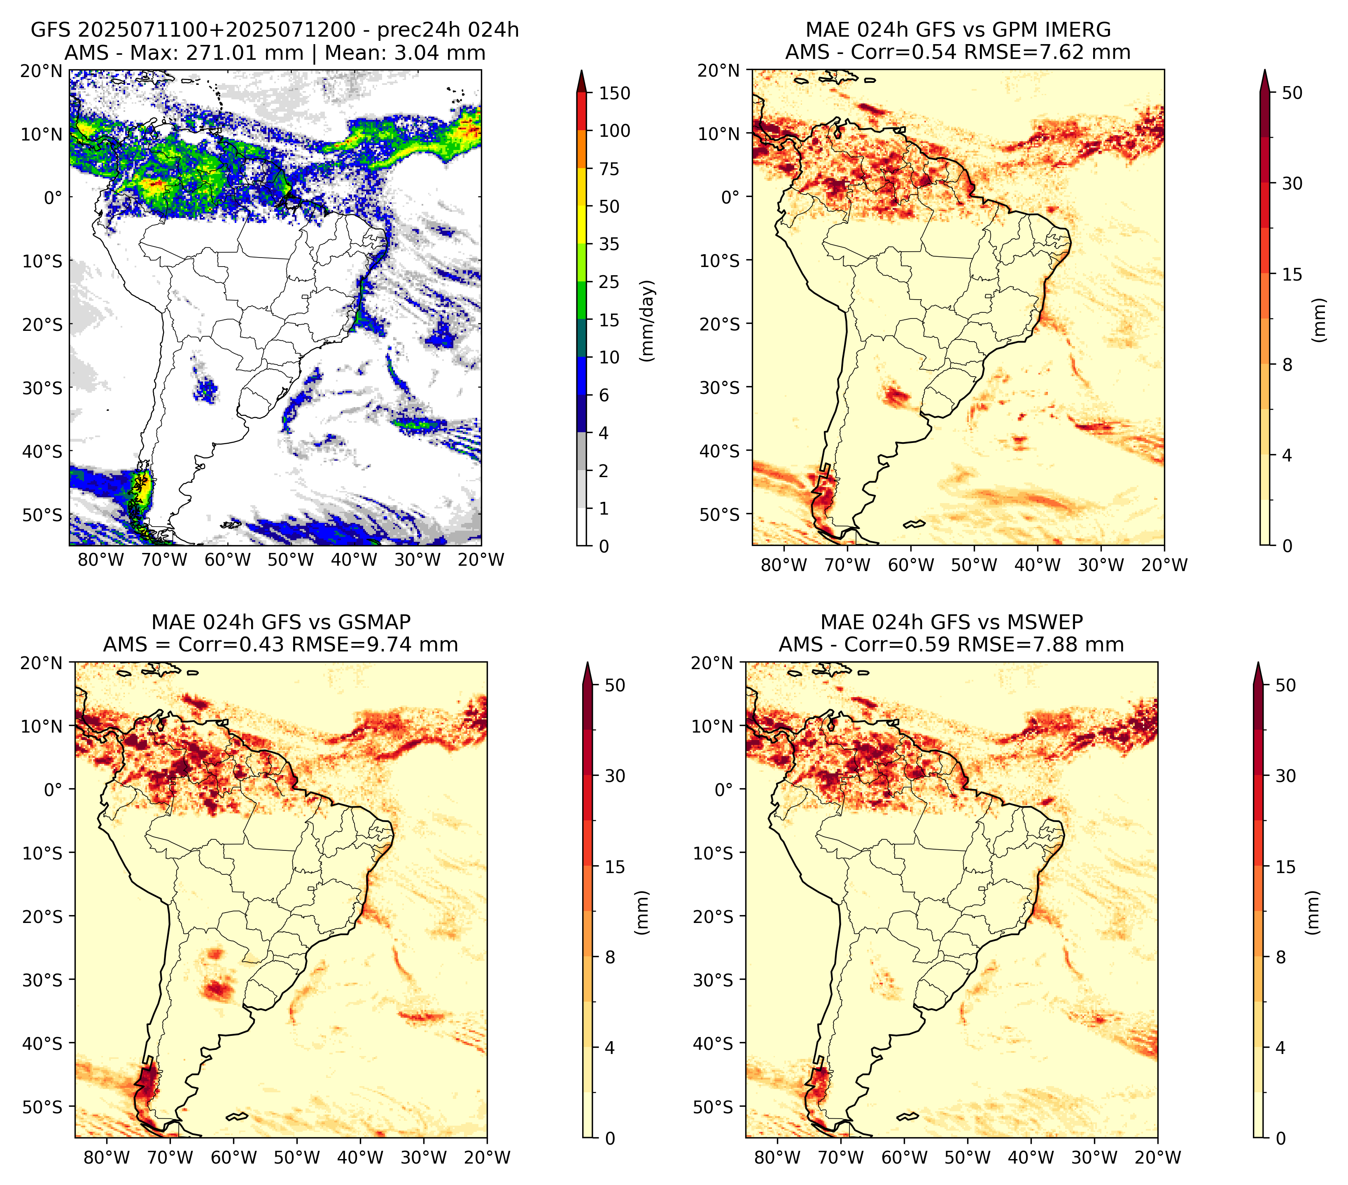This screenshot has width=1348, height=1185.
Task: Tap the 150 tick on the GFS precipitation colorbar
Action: click(615, 93)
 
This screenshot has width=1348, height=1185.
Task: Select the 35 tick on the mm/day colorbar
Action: click(609, 244)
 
